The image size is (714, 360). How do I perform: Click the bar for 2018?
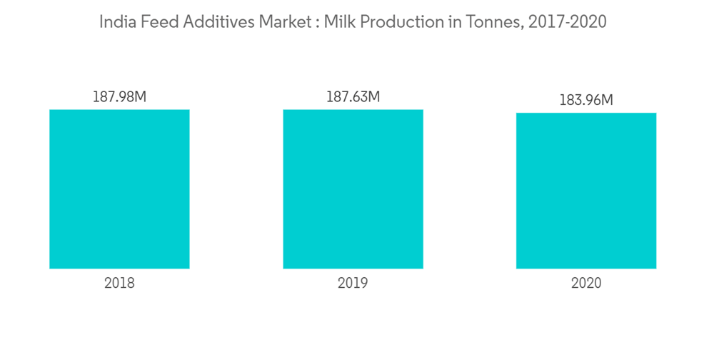click(x=119, y=189)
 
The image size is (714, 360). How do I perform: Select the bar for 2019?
click(x=353, y=189)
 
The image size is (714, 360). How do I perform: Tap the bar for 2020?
click(x=586, y=191)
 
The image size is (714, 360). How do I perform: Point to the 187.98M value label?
click(x=119, y=96)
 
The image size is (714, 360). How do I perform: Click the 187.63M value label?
click(x=353, y=96)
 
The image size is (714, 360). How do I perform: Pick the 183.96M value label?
click(x=586, y=101)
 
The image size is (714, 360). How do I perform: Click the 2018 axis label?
click(x=119, y=283)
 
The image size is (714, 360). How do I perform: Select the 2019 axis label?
click(x=353, y=283)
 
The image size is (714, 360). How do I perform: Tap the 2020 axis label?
click(x=586, y=283)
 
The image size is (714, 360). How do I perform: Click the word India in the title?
click(x=115, y=22)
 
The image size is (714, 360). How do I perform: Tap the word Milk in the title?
click(x=340, y=22)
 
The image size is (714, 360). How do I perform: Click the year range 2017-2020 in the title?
click(x=568, y=22)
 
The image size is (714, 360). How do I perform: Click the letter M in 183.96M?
click(x=606, y=101)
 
